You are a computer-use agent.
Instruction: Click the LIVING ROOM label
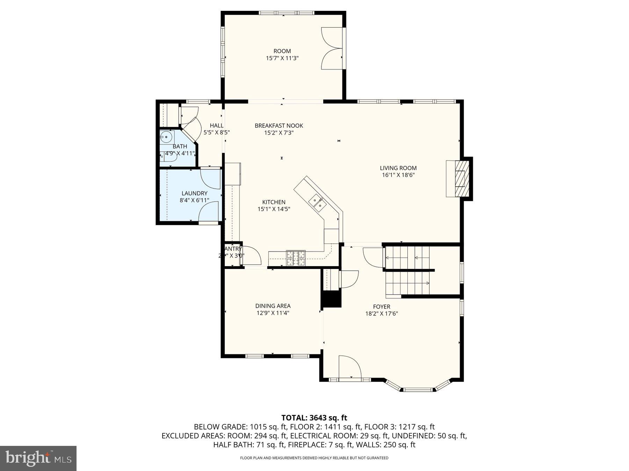coord(398,168)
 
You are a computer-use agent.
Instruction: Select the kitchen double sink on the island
coord(317,203)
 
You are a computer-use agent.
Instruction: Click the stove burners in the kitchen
coord(296,258)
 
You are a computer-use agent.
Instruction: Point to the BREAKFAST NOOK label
coord(279,126)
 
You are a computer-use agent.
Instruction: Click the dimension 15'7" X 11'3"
coord(282,58)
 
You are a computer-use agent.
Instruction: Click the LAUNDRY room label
coord(194,193)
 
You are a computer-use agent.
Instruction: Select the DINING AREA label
coord(273,306)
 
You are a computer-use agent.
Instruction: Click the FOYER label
coord(382,307)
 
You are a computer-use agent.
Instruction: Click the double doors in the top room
coord(331,48)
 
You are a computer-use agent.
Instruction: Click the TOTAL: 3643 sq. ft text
coord(314,418)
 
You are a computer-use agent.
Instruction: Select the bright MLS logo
coord(38,458)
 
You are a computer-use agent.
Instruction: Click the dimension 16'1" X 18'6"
coord(398,175)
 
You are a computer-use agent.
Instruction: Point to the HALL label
coord(216,126)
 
